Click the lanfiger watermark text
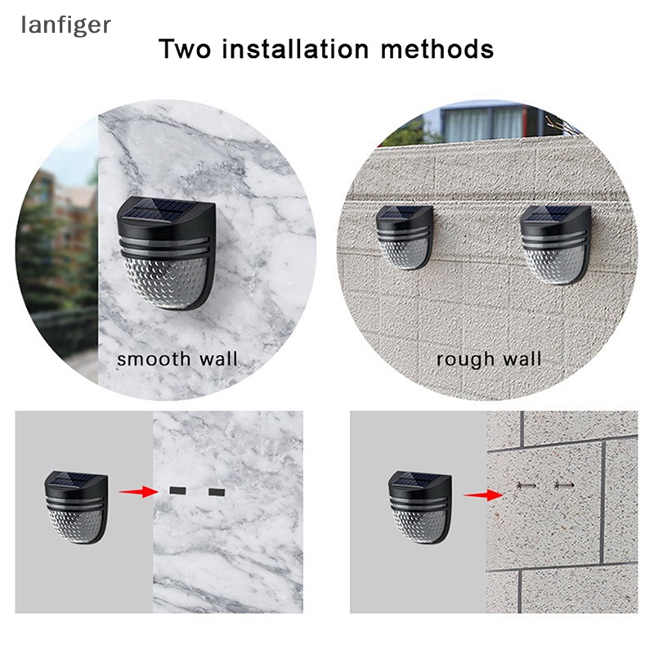pyautogui.click(x=65, y=25)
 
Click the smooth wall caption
pyautogui.click(x=177, y=359)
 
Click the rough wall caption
pyautogui.click(x=488, y=359)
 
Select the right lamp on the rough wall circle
pyautogui.click(x=556, y=243)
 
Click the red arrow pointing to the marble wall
pyautogui.click(x=138, y=491)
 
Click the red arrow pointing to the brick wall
pyautogui.click(x=482, y=493)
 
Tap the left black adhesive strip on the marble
pyautogui.click(x=177, y=491)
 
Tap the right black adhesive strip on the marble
pyautogui.click(x=216, y=492)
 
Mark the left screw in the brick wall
pyautogui.click(x=527, y=486)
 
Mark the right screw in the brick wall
pyautogui.click(x=564, y=486)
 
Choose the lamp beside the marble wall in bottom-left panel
pyautogui.click(x=76, y=507)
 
